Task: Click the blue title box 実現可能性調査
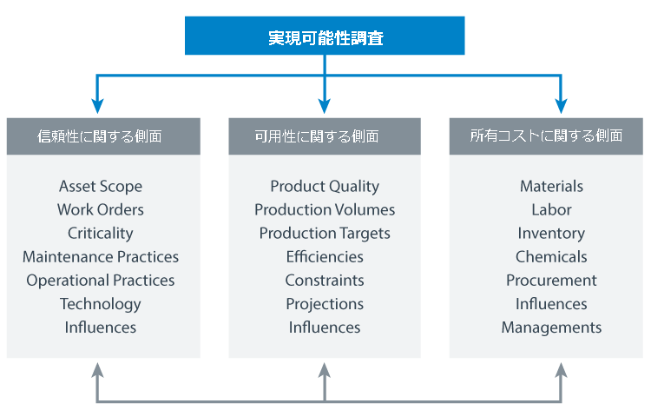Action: coord(325,36)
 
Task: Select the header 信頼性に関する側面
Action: coord(103,136)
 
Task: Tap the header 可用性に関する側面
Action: coord(325,136)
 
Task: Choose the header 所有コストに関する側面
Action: coord(546,136)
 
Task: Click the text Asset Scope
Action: coord(101,187)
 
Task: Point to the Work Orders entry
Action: coord(101,209)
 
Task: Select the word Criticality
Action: coord(101,234)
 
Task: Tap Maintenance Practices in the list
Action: coord(101,257)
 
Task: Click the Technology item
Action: coord(101,304)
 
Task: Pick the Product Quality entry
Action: coord(325,187)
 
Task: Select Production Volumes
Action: coord(325,209)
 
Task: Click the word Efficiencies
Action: coord(325,257)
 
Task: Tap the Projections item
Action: coord(325,304)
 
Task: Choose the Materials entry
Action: coord(551,186)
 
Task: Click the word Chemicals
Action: coord(551,257)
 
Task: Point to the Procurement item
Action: coord(551,281)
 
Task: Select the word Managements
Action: coord(551,327)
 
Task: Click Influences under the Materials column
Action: coord(551,304)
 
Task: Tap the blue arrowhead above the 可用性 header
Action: coord(325,106)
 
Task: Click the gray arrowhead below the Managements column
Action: coord(561,370)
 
